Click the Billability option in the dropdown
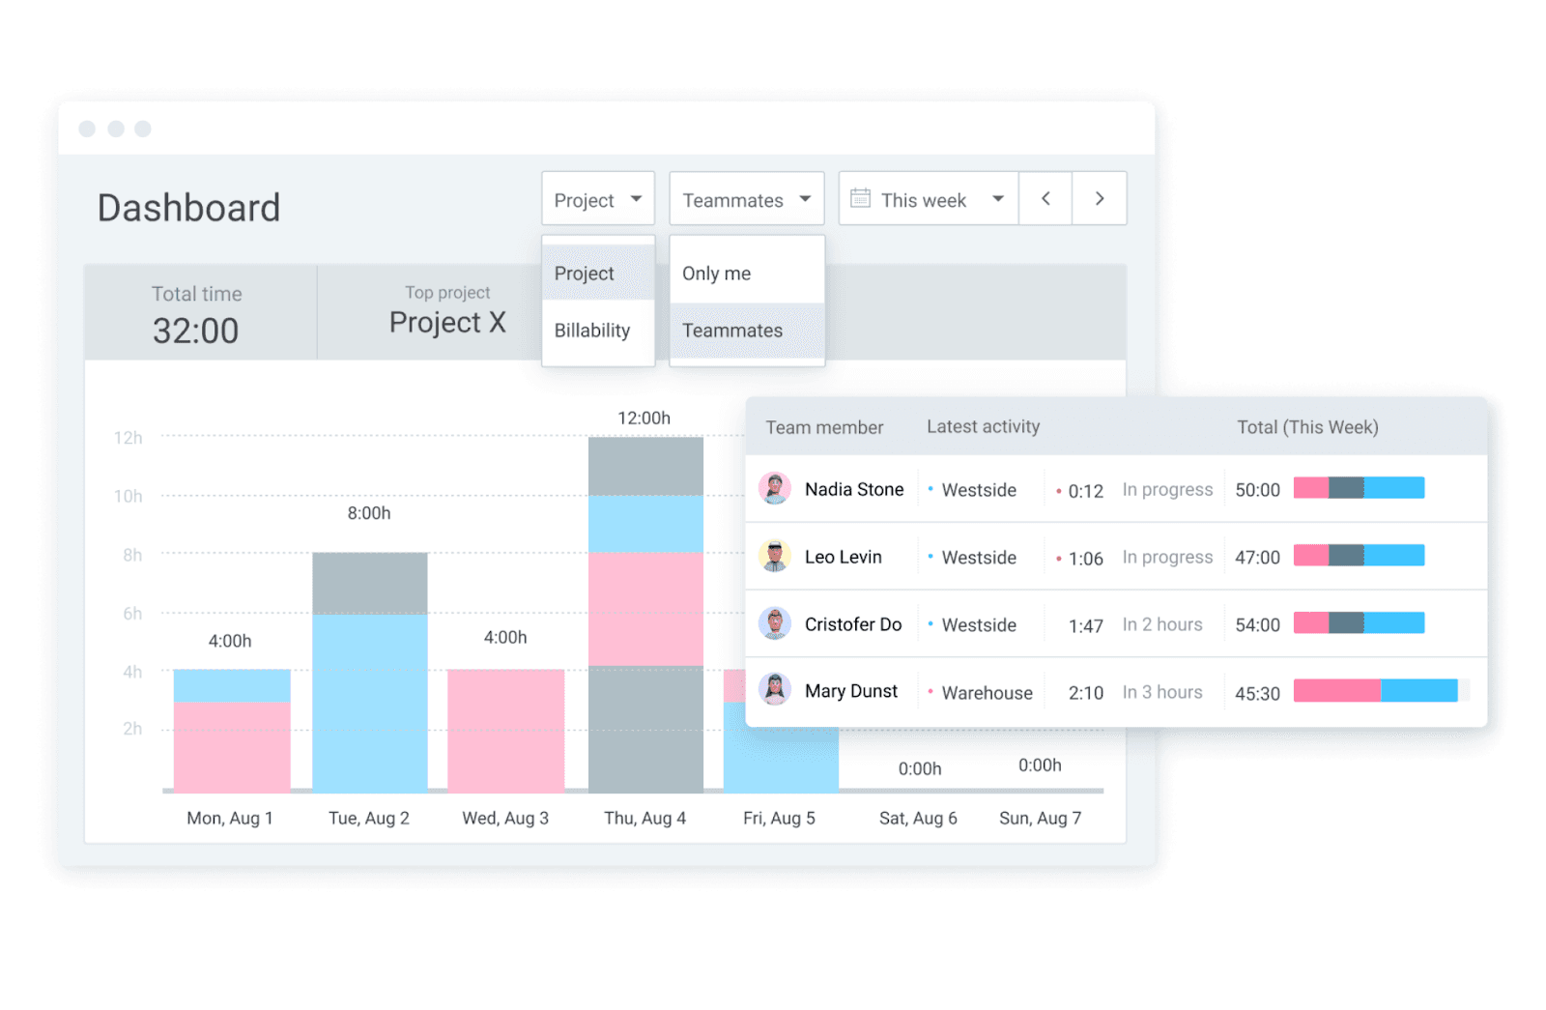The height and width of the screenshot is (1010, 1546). (x=592, y=331)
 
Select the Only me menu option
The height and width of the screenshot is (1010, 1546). (x=716, y=274)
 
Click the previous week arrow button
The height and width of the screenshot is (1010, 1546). (x=1045, y=199)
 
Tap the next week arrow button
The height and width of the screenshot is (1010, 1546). (x=1099, y=199)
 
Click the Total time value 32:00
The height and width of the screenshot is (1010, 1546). (x=195, y=331)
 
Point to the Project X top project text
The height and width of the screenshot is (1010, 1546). (x=447, y=322)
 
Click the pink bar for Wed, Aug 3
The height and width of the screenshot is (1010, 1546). (x=505, y=730)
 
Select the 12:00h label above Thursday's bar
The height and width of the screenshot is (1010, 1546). (x=644, y=418)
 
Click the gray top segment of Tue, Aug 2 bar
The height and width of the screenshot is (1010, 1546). (x=369, y=583)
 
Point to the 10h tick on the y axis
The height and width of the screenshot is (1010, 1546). (x=129, y=496)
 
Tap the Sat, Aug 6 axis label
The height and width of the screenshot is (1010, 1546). (x=917, y=818)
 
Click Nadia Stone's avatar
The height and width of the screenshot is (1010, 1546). (x=774, y=489)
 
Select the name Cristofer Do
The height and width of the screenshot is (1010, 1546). (x=852, y=624)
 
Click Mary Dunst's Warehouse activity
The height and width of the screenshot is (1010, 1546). (x=987, y=692)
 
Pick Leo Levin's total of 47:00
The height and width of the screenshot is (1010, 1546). (x=1257, y=557)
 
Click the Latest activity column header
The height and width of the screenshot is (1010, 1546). (x=983, y=426)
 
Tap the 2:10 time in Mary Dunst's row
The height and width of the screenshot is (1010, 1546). (x=1085, y=692)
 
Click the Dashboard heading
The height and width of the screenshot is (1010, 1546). (x=188, y=208)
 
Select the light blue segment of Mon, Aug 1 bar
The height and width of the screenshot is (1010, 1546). (x=232, y=685)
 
